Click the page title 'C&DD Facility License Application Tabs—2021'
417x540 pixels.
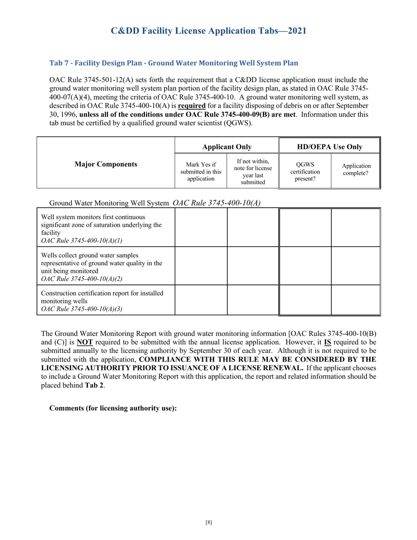coord(208,31)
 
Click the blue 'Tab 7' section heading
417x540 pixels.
coord(174,63)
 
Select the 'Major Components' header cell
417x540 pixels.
coord(105,164)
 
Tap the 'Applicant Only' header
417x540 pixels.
coord(226,146)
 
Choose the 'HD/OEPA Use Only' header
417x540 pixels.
coord(330,146)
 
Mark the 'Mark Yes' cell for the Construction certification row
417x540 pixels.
coord(201,300)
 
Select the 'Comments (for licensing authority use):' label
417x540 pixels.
coord(113,408)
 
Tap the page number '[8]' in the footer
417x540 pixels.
coord(208,522)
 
